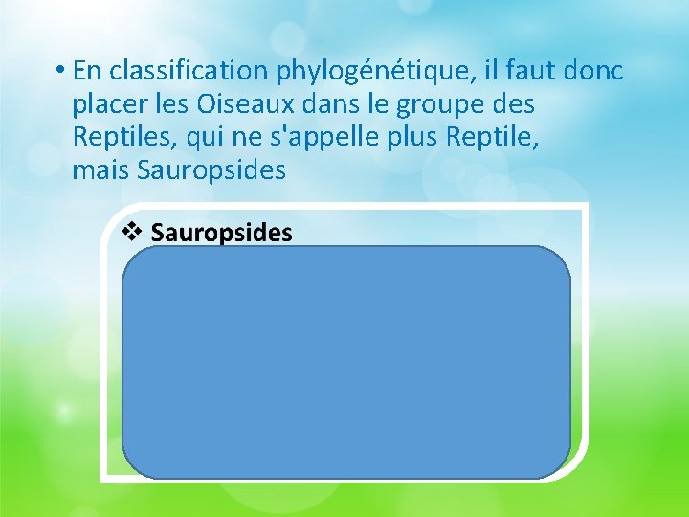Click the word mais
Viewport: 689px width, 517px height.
[x=101, y=171]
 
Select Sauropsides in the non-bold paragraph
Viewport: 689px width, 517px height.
[x=212, y=171]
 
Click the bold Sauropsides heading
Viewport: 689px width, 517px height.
[x=221, y=233]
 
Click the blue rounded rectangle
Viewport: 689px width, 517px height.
[x=345, y=362]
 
